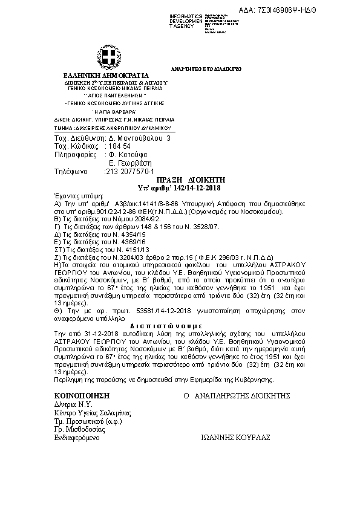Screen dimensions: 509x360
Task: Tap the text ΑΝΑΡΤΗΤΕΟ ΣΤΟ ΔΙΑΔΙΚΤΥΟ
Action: click(197, 70)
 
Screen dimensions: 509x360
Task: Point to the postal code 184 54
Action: click(118, 147)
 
